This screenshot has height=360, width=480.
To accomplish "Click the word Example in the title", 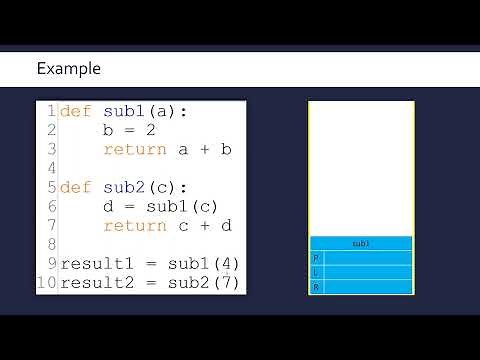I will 68,69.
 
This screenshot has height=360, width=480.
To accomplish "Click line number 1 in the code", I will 50,111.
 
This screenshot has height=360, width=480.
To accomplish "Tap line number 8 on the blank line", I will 50,245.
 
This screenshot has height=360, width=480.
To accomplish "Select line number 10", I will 47,283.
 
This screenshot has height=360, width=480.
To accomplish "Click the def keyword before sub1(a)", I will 76,111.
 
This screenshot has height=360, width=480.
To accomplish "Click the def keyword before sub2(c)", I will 76,187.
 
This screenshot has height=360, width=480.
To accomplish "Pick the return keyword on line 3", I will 134,149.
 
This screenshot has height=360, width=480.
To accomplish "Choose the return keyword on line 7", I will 134,226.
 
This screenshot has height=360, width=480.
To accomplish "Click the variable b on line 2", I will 108,130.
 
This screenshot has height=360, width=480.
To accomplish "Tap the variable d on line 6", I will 108,207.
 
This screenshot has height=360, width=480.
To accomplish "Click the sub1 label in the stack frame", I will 361,243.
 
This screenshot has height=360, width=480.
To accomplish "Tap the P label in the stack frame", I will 317,258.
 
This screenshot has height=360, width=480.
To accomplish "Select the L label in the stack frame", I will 317,272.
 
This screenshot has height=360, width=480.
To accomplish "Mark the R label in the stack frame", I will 317,287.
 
